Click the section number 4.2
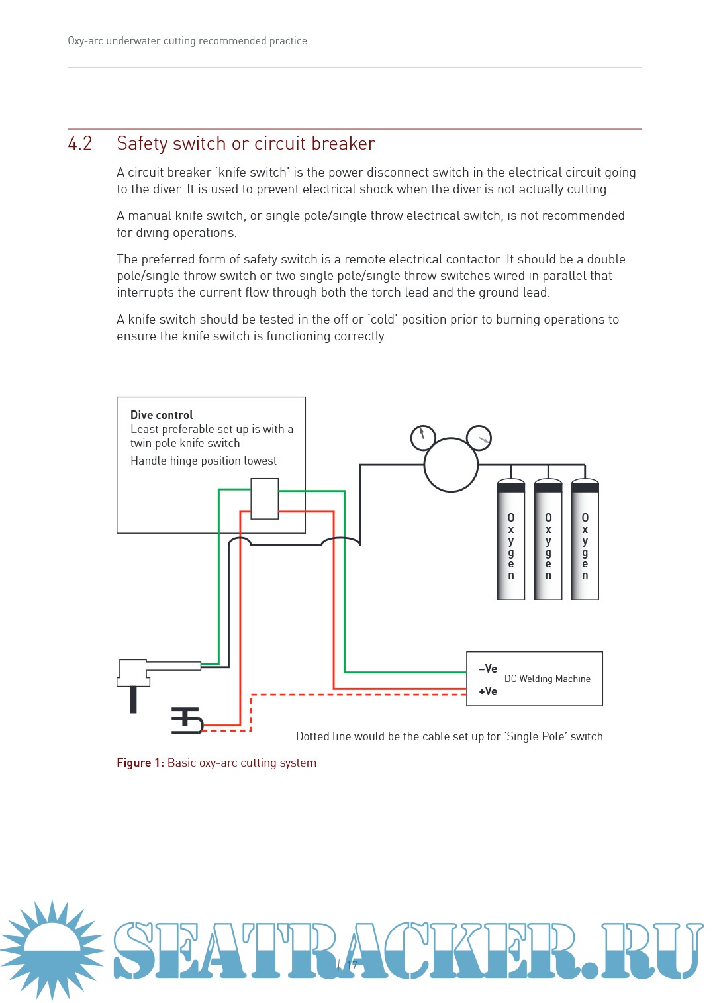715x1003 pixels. pyautogui.click(x=80, y=144)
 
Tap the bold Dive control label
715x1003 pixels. pyautogui.click(x=162, y=415)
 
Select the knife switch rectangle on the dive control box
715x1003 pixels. pyautogui.click(x=264, y=499)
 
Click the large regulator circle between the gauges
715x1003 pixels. pyautogui.click(x=451, y=465)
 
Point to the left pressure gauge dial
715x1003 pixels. pyautogui.click(x=423, y=437)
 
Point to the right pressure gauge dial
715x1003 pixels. pyautogui.click(x=479, y=438)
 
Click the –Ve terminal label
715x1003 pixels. pyautogui.click(x=488, y=669)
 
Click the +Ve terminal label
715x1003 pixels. pyautogui.click(x=488, y=691)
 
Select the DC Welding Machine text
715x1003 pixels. pyautogui.click(x=547, y=679)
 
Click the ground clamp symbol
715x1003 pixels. pyautogui.click(x=187, y=720)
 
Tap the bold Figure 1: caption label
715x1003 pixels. pyautogui.click(x=140, y=763)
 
